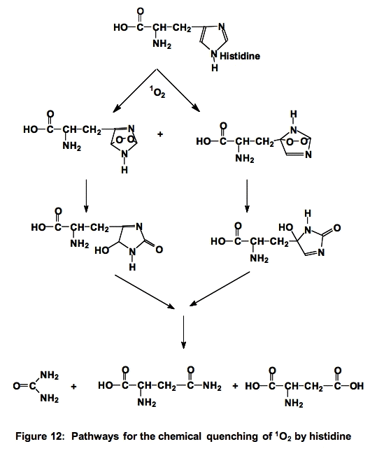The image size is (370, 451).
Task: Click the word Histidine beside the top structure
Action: pyautogui.click(x=240, y=56)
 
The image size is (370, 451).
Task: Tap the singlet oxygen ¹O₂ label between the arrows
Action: pyautogui.click(x=157, y=92)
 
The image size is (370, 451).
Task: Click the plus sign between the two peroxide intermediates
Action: pyautogui.click(x=160, y=134)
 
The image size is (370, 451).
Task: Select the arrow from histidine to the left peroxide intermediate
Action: pyautogui.click(x=135, y=90)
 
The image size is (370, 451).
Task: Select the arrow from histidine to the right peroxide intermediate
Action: pyautogui.click(x=178, y=90)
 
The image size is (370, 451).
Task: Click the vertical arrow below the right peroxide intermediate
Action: pyautogui.click(x=247, y=196)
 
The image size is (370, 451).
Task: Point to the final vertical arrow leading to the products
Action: pyautogui.click(x=183, y=332)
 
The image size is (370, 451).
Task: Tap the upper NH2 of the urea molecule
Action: pyautogui.click(x=50, y=375)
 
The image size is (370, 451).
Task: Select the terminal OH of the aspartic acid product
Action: pyautogui.click(x=357, y=386)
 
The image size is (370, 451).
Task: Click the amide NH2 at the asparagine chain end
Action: pyautogui.click(x=213, y=386)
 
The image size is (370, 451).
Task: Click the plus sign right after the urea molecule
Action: pyautogui.click(x=73, y=386)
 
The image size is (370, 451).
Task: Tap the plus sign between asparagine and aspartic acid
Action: pyautogui.click(x=235, y=386)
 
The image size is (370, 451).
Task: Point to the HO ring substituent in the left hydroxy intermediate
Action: pyautogui.click(x=102, y=251)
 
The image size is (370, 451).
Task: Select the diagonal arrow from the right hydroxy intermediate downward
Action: pyautogui.click(x=220, y=289)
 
